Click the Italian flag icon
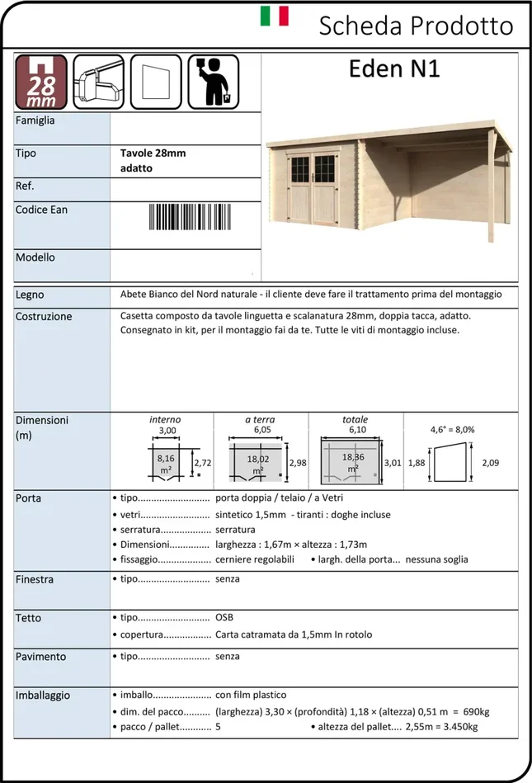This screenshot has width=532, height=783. [x=274, y=17]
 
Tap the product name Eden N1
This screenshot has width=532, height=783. [x=394, y=70]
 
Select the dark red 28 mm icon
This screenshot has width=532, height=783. [x=40, y=82]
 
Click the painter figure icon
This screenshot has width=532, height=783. [x=213, y=82]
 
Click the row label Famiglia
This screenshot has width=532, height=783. [x=35, y=120]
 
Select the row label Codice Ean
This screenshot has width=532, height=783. [x=41, y=210]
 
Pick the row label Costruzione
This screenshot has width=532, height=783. [x=44, y=316]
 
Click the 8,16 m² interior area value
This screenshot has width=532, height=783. [x=166, y=460]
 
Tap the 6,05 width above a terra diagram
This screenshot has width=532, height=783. [x=261, y=430]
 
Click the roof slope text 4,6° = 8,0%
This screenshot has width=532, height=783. [x=452, y=430]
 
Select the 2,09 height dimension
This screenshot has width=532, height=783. [x=490, y=463]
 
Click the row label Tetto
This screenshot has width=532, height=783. [x=28, y=618]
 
